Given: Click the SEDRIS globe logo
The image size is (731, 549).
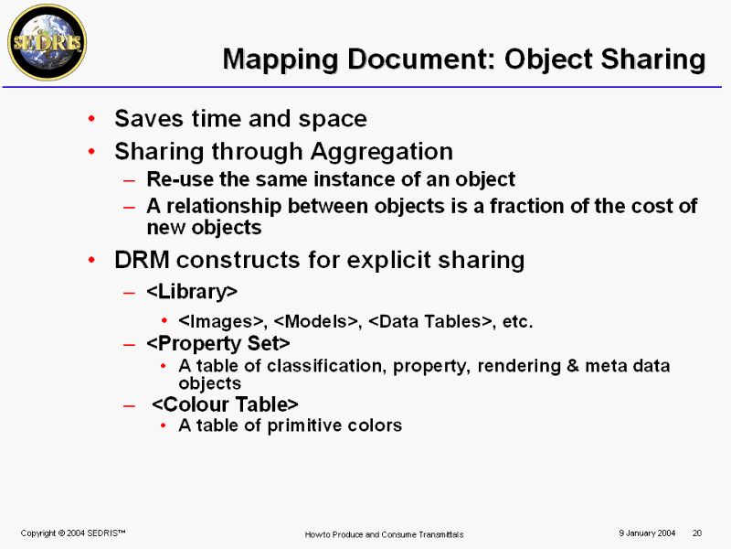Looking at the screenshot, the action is tap(48, 42).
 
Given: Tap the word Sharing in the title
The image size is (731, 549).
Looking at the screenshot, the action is tap(652, 60).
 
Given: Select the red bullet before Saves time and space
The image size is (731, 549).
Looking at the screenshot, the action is tap(92, 119).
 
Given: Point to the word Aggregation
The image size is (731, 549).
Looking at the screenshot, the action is tap(382, 152).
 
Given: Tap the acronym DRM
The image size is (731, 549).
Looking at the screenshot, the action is tap(143, 260).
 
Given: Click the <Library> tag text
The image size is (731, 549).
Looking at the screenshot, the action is tap(192, 292).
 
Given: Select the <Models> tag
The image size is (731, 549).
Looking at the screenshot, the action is tap(316, 322).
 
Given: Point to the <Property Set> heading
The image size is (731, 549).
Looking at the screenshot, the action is tap(218, 344).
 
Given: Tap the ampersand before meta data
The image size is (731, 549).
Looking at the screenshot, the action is tap(573, 365).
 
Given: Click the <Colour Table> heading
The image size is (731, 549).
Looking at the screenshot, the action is tap(225, 404).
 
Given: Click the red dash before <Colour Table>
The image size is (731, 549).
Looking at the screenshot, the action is tap(129, 405).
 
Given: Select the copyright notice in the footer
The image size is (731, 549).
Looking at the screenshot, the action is tap(73, 533).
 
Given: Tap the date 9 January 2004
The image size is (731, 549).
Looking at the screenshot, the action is tap(647, 533).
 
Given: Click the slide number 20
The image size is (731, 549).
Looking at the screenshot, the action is tap(697, 533).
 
